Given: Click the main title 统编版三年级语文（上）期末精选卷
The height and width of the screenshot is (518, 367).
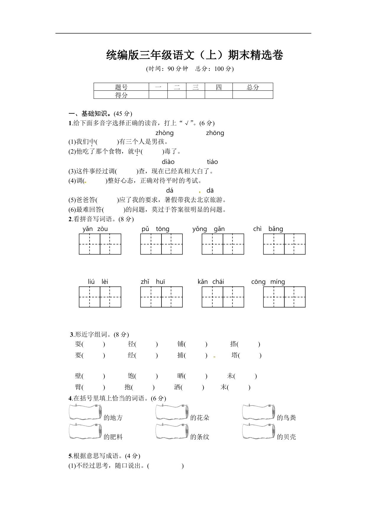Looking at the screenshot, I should point(195,55).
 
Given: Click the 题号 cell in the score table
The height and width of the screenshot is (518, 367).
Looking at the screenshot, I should point(121,87).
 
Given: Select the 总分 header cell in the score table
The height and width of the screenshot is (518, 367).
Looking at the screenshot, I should point(253,87).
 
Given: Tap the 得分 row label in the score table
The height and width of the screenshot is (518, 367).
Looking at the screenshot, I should point(121,95).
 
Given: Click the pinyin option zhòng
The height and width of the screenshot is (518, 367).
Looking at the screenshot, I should point(164,133).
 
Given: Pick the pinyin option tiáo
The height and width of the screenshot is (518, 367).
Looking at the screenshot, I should point(212,162).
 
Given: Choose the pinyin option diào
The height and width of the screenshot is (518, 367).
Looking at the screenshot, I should point(168,162).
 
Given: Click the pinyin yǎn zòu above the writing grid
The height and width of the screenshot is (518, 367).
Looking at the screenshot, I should point(95,229).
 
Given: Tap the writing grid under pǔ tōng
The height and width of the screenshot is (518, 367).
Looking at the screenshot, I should point(161,244).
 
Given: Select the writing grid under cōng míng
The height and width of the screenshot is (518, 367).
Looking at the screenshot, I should point(284,297).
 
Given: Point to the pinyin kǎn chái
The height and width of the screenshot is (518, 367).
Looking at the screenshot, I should point(211,282).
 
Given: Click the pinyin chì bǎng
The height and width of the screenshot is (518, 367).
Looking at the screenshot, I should point(268,229).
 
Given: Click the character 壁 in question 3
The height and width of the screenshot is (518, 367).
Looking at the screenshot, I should point(78,376).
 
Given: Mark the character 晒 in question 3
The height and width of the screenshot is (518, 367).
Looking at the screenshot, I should point(180,376).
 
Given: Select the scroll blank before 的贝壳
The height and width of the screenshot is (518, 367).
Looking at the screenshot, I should point(258,431).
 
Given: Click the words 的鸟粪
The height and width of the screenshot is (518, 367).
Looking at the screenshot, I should point(286,418).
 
